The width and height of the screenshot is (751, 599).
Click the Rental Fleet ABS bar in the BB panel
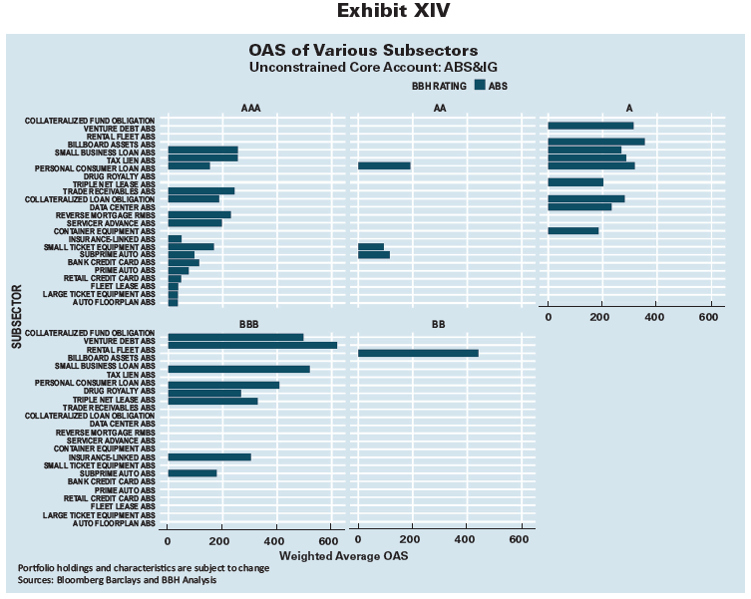(x=418, y=353)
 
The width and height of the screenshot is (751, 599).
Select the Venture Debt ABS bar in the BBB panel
(x=251, y=345)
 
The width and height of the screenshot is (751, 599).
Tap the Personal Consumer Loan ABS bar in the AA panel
(x=384, y=165)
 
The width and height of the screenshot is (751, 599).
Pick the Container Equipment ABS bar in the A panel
(x=573, y=230)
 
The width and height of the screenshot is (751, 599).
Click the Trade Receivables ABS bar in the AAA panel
(x=200, y=190)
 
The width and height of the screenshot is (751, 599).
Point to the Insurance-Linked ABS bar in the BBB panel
(x=208, y=456)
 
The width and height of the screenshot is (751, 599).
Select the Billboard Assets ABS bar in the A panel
(x=596, y=143)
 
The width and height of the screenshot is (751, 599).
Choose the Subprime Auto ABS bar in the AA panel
(x=374, y=255)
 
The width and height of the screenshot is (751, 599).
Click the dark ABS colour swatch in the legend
(x=480, y=86)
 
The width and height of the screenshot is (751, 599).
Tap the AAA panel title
(x=250, y=107)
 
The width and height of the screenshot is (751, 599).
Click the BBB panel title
(x=249, y=325)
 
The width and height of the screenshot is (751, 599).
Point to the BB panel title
(x=439, y=325)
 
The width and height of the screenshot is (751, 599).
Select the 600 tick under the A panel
(x=709, y=317)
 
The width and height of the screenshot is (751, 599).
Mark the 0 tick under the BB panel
(x=358, y=538)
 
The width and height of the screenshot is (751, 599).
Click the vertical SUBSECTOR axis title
(x=17, y=316)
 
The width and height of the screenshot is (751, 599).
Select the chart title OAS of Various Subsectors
(x=363, y=50)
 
